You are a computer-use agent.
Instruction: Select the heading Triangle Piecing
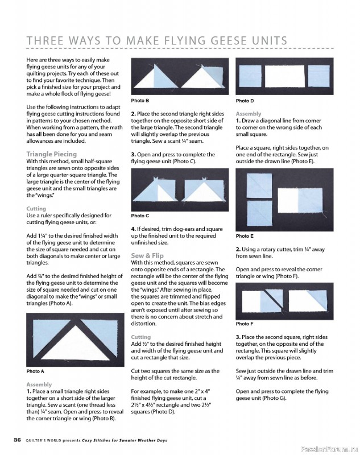click(x=52, y=154)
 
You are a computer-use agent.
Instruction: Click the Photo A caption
click(x=35, y=371)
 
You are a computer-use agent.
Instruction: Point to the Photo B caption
click(x=140, y=101)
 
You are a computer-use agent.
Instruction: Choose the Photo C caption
click(x=140, y=216)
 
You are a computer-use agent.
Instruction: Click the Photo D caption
click(x=245, y=101)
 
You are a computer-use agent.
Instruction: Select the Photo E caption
click(x=245, y=236)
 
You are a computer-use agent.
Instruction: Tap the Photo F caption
click(x=245, y=324)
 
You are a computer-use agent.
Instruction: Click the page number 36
click(x=18, y=440)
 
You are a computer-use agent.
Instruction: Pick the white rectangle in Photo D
click(x=285, y=76)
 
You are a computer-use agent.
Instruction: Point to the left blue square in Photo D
click(x=250, y=76)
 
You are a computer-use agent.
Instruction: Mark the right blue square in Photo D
click(x=319, y=76)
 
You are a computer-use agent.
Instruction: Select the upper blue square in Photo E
click(x=259, y=186)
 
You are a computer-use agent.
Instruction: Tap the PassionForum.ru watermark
click(x=329, y=449)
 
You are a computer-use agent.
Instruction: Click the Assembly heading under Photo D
click(x=249, y=114)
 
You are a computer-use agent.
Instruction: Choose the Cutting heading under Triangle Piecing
click(x=36, y=209)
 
